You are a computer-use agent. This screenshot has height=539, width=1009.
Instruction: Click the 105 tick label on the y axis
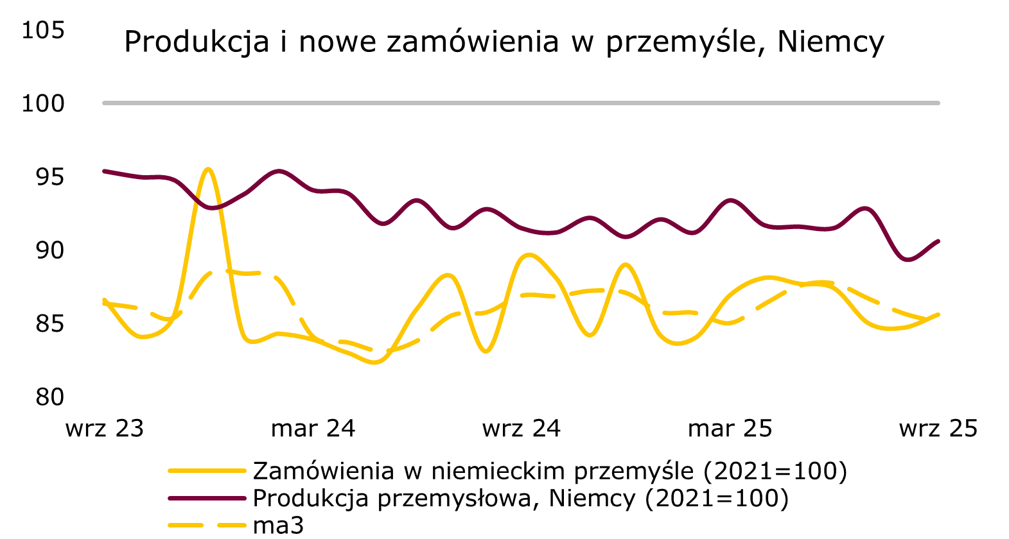tap(43, 30)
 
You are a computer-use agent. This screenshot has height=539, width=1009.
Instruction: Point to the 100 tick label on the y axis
tap(43, 103)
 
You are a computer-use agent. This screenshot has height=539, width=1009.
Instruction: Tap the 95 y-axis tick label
tap(50, 177)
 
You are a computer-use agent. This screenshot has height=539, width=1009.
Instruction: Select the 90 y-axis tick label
tap(50, 250)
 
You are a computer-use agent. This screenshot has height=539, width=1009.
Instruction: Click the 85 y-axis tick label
tap(50, 324)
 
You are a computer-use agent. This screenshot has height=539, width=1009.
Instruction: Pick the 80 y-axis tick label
tap(50, 397)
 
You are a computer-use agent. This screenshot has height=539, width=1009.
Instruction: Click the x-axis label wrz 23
tap(105, 429)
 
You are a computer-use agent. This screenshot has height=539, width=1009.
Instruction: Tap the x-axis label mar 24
tap(313, 429)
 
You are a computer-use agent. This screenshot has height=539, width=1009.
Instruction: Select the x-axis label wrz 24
tap(521, 429)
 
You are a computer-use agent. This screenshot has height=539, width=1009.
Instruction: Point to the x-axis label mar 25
tap(730, 429)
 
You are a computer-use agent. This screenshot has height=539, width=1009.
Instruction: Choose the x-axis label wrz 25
tap(938, 429)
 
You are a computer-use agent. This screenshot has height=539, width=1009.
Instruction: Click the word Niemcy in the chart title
tap(830, 42)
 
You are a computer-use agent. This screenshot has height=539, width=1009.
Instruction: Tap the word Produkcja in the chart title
tap(197, 42)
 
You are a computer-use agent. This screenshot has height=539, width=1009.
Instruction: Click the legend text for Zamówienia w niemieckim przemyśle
tap(550, 471)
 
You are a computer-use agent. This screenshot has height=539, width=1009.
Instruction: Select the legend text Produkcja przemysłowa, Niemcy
tap(520, 498)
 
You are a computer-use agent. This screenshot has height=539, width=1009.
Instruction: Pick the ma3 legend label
tap(278, 525)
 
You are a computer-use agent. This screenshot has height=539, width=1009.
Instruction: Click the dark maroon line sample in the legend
tap(207, 498)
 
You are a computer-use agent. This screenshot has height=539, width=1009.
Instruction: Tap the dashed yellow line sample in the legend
tap(207, 525)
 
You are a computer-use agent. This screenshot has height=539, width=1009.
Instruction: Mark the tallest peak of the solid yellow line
tap(208, 169)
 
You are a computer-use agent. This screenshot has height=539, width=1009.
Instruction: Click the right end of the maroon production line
tap(938, 241)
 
